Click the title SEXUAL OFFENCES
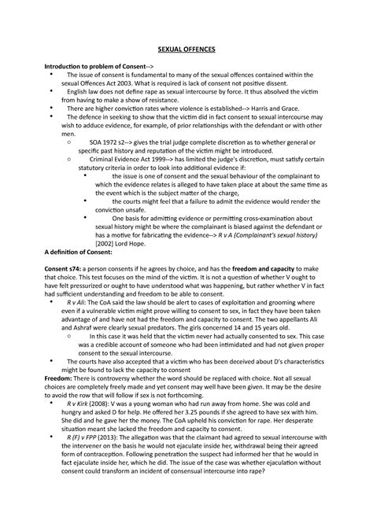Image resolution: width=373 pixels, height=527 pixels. click(x=186, y=50)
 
